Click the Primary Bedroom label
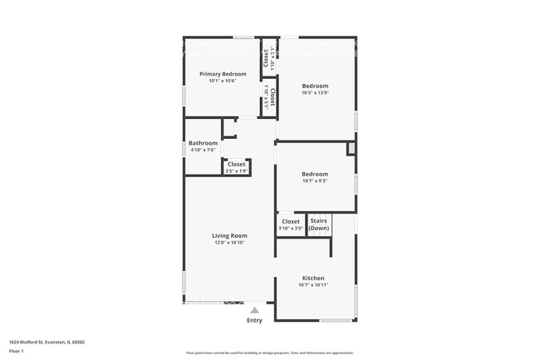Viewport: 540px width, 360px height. point(222,74)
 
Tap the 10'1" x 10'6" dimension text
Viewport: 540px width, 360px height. point(222,81)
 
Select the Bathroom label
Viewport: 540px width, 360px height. point(203,143)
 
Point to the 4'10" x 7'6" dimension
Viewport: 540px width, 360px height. point(203,150)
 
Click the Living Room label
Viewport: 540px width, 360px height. point(229,235)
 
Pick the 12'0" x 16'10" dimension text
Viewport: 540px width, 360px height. point(229,243)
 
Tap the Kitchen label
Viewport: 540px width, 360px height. point(312,278)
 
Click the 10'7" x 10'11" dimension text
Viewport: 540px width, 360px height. point(313,285)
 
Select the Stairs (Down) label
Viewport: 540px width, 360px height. point(319,224)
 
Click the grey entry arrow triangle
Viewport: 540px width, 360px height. point(254,309)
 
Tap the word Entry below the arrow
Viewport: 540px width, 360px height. point(254,320)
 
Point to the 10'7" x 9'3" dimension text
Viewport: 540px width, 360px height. point(315,180)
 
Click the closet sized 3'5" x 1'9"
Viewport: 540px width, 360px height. point(236,167)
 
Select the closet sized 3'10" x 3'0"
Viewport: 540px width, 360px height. point(290,224)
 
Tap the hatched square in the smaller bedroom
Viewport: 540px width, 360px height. point(351,149)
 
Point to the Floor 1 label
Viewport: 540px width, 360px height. point(16,352)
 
